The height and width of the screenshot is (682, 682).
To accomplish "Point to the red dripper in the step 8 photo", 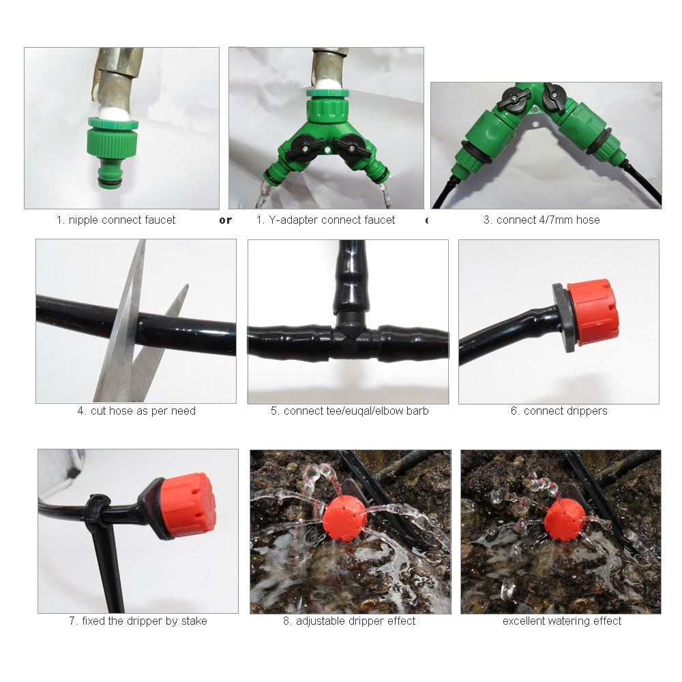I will tap(344, 518).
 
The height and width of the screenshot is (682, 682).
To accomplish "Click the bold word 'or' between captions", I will tap(225, 220).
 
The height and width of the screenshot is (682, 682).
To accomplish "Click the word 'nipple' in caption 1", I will tap(83, 220).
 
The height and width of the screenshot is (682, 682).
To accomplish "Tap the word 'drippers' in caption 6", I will tap(586, 411).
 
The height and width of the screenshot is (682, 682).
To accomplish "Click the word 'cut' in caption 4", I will tap(99, 411).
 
